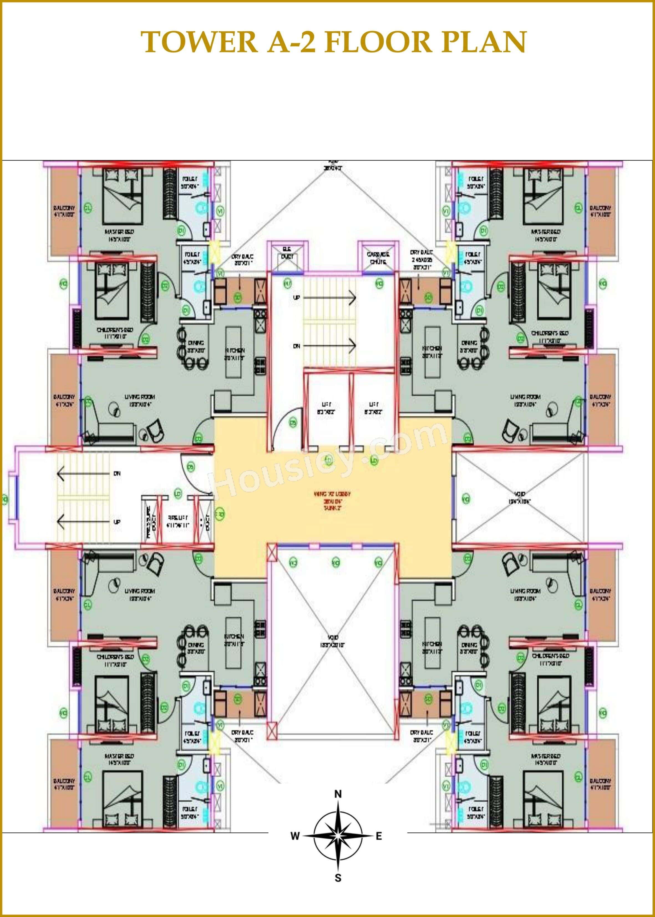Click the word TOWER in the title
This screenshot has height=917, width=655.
click(x=199, y=42)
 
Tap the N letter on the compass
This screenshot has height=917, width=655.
click(x=338, y=794)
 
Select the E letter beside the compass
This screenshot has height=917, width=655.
click(x=379, y=836)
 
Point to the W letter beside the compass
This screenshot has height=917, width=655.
click(x=295, y=836)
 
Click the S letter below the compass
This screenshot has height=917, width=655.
click(x=338, y=878)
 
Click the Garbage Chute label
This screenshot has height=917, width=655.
click(x=378, y=258)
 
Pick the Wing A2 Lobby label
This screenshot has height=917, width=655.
click(x=333, y=494)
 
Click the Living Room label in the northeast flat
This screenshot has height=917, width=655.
click(x=525, y=397)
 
